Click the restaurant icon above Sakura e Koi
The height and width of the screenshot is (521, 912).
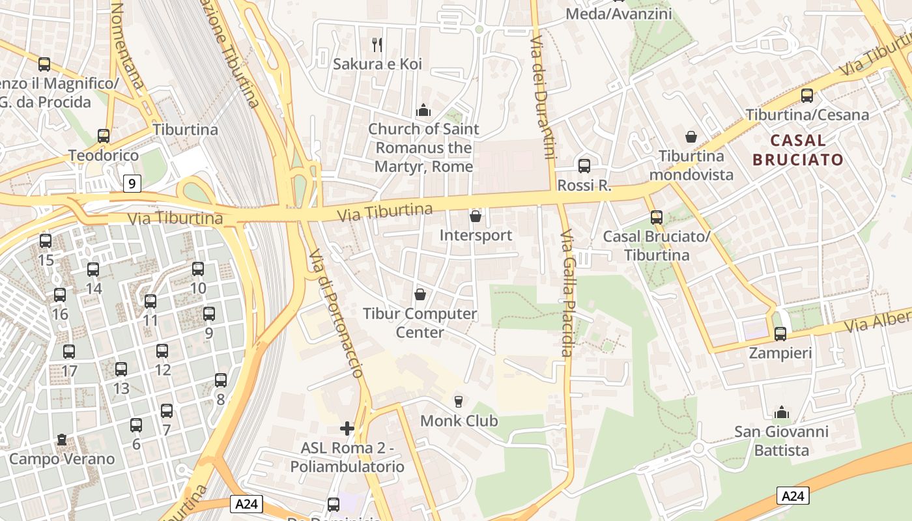[x=377, y=44]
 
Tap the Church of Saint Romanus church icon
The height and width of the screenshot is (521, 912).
[x=423, y=110]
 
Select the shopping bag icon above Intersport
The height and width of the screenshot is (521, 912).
[x=476, y=216]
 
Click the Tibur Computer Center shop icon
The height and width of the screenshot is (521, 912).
[x=420, y=294]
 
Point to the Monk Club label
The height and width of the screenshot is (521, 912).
[x=459, y=421]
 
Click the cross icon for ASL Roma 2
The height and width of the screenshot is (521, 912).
[x=347, y=429]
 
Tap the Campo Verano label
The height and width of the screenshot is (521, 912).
[x=62, y=458]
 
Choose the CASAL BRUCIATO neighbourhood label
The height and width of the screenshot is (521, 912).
[x=797, y=150]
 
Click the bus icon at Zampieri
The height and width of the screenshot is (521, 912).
[x=780, y=334]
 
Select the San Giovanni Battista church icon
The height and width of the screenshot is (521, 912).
[x=781, y=412]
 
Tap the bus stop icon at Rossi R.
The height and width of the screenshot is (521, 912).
[x=584, y=166]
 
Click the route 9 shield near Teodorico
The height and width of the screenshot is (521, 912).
[x=132, y=184]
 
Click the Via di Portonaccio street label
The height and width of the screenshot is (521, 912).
[x=335, y=313]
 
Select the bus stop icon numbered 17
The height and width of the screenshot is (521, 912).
[x=69, y=352]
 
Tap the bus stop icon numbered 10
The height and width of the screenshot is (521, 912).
[x=198, y=268]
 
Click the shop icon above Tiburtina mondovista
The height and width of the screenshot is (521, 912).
[x=691, y=137]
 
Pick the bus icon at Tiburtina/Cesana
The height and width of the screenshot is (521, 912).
[x=806, y=96]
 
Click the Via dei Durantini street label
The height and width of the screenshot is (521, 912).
[x=543, y=98]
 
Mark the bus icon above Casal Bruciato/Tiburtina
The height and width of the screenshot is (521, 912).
[x=656, y=218]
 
